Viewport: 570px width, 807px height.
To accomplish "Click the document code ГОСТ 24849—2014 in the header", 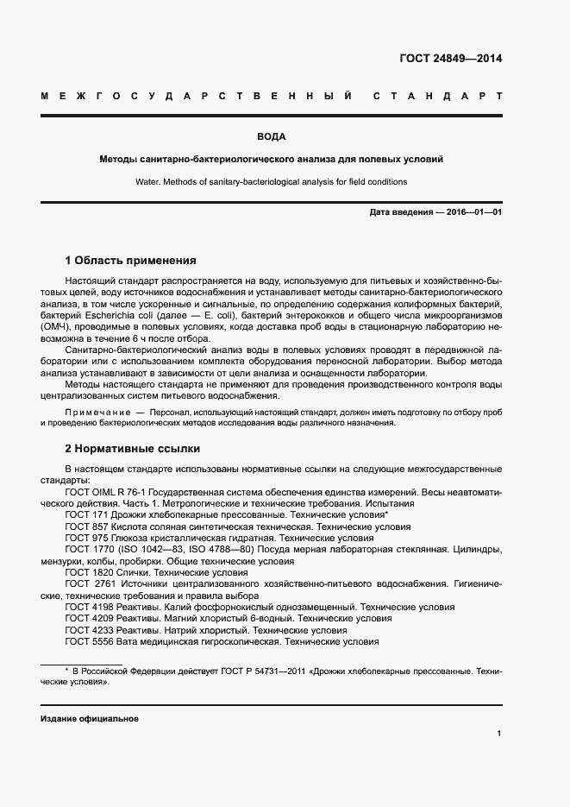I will click(x=450, y=59).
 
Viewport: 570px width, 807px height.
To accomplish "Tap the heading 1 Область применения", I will click(x=131, y=260).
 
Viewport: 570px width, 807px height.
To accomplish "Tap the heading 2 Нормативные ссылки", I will click(x=133, y=450).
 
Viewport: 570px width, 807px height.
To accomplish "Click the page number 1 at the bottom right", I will click(x=499, y=734).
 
